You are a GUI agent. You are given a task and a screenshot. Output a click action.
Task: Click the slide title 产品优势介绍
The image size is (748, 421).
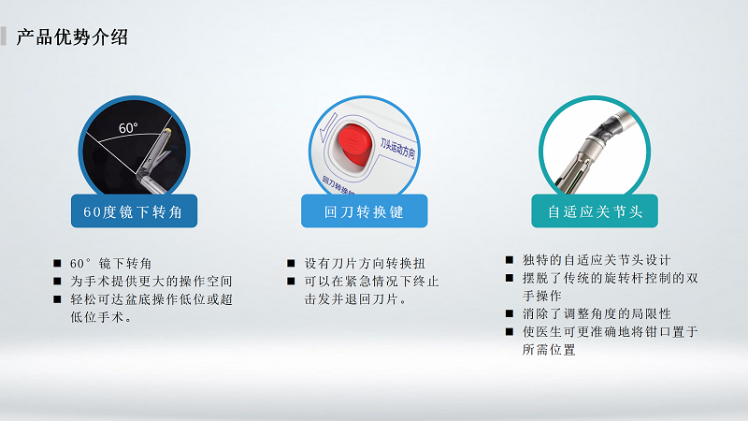[x=72, y=37]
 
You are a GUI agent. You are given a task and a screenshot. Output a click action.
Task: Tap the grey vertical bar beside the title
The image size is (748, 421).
[x=6, y=37]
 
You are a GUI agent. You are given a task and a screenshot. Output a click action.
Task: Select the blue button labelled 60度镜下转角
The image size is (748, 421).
[x=135, y=211]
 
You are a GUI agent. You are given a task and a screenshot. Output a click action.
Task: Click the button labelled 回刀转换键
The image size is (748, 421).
[x=364, y=211]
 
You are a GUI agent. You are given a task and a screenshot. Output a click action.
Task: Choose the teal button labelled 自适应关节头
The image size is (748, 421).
[x=595, y=211]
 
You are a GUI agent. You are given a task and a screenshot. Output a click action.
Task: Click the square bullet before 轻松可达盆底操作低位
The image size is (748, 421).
[x=58, y=299]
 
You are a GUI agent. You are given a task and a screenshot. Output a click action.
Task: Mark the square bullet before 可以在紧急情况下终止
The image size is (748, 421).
[x=291, y=282]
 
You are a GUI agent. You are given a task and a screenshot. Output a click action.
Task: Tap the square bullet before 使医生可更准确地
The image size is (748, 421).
[x=509, y=332]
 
